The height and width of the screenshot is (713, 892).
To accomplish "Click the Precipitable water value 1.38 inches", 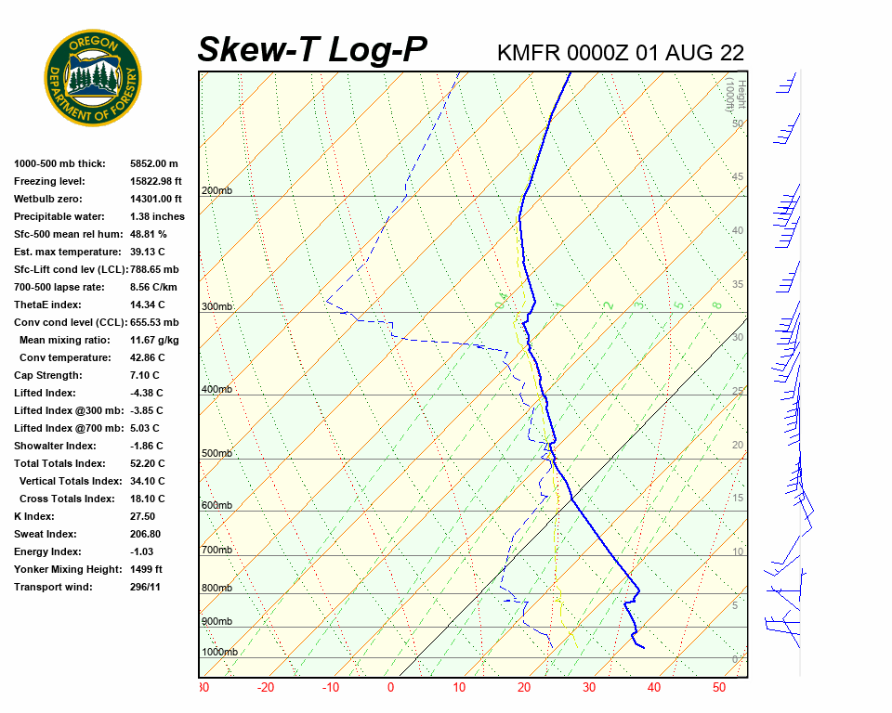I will pyautogui.click(x=157, y=216).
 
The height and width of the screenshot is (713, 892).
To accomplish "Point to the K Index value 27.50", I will pyautogui.click(x=142, y=516).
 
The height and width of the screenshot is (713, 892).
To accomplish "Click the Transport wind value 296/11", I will pyautogui.click(x=146, y=587).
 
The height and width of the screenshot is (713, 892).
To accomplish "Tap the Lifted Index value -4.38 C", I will pyautogui.click(x=147, y=393).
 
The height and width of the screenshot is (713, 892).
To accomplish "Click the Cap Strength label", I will pyautogui.click(x=48, y=375).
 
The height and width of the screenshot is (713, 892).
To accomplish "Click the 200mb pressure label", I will pyautogui.click(x=216, y=191).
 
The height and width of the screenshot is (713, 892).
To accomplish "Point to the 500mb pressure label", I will pyautogui.click(x=216, y=454).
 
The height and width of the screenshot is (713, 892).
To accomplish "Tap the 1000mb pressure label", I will pyautogui.click(x=219, y=652).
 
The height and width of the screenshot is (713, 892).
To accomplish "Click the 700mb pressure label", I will pyautogui.click(x=216, y=551).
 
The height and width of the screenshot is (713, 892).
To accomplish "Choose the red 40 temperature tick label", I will pyautogui.click(x=654, y=688).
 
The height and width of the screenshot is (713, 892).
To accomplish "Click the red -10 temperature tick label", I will pyautogui.click(x=331, y=688).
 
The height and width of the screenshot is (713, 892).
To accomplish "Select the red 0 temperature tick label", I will pyautogui.click(x=390, y=688).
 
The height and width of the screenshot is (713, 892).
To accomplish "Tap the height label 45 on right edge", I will pyautogui.click(x=738, y=177).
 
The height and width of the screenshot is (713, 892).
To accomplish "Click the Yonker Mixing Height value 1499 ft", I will pyautogui.click(x=146, y=569).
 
